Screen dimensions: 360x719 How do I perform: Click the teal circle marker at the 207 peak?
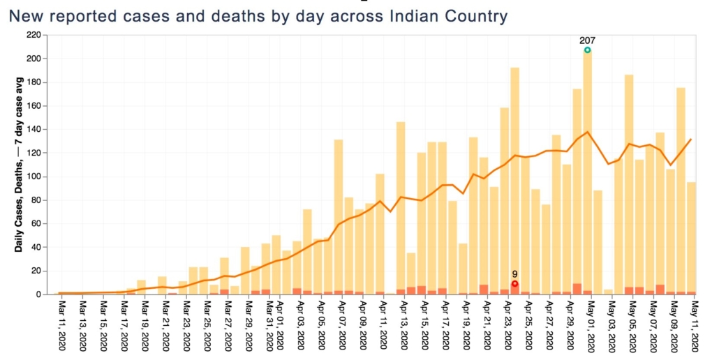[x=587, y=50]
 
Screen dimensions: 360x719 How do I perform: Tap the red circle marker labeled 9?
[x=514, y=284]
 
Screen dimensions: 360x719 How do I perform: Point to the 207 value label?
[x=587, y=40]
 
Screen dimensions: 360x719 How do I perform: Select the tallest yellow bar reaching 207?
[x=587, y=174]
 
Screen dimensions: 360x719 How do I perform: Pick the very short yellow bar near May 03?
[x=608, y=292]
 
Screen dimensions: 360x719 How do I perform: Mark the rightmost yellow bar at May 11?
[x=691, y=237]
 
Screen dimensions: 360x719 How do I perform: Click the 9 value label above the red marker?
[x=514, y=274]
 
